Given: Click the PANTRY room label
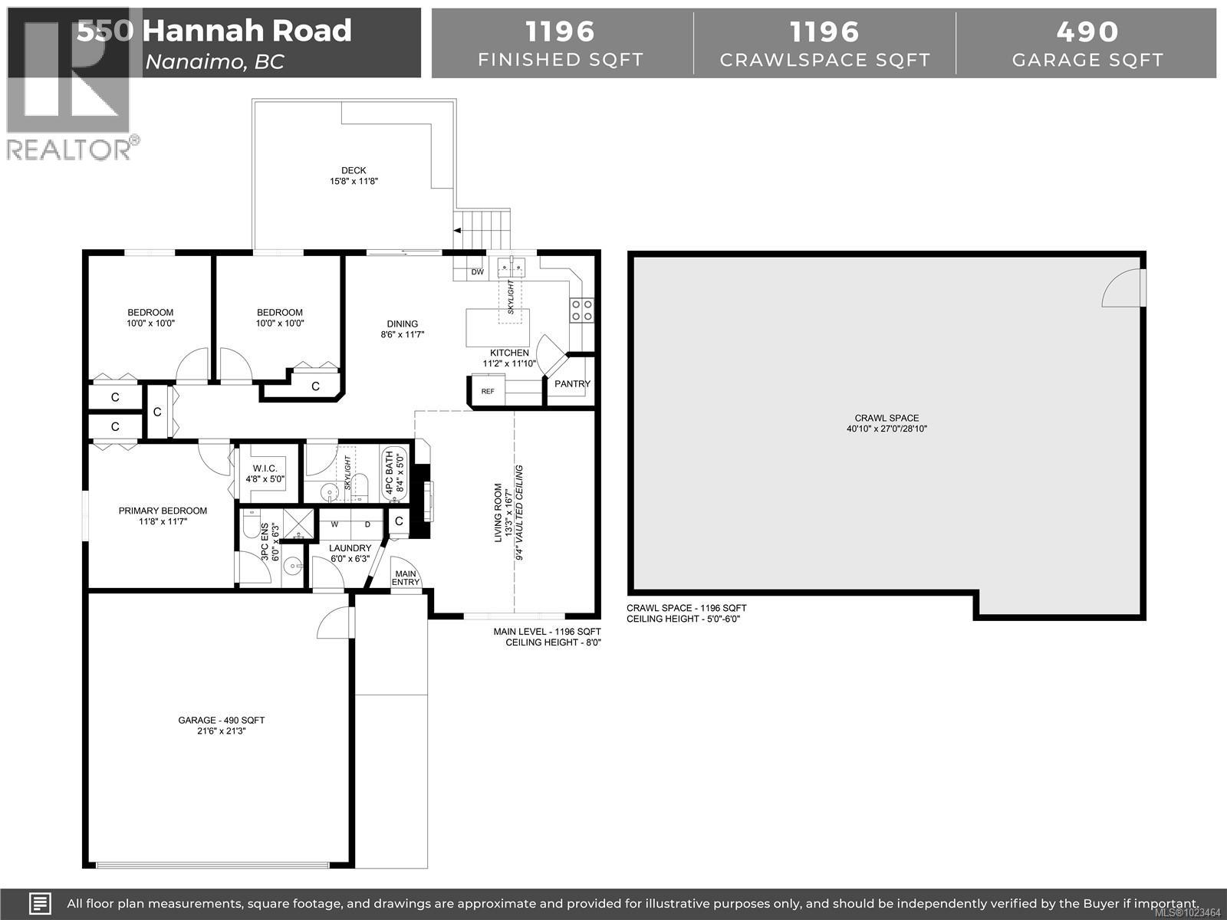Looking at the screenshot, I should pyautogui.click(x=572, y=383).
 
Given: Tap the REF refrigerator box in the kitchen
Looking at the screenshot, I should pyautogui.click(x=488, y=391).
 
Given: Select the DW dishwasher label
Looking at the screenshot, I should pyautogui.click(x=477, y=272).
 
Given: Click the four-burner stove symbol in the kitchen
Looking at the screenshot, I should pyautogui.click(x=581, y=310).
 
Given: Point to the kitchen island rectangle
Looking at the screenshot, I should pyautogui.click(x=498, y=327).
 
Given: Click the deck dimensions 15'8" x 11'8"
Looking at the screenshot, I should pyautogui.click(x=354, y=182).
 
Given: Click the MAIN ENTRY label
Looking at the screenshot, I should pyautogui.click(x=406, y=577).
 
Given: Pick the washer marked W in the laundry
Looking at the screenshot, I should pyautogui.click(x=335, y=524).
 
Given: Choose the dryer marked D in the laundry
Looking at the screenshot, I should pyautogui.click(x=367, y=524).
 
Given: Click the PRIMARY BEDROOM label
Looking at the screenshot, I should pyautogui.click(x=163, y=511).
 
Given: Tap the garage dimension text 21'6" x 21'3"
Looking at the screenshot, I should pyautogui.click(x=222, y=731).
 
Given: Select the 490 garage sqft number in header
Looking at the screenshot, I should pyautogui.click(x=1087, y=31).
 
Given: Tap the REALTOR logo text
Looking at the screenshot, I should pyautogui.click(x=69, y=149).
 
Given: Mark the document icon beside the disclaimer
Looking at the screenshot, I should pyautogui.click(x=41, y=903).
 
